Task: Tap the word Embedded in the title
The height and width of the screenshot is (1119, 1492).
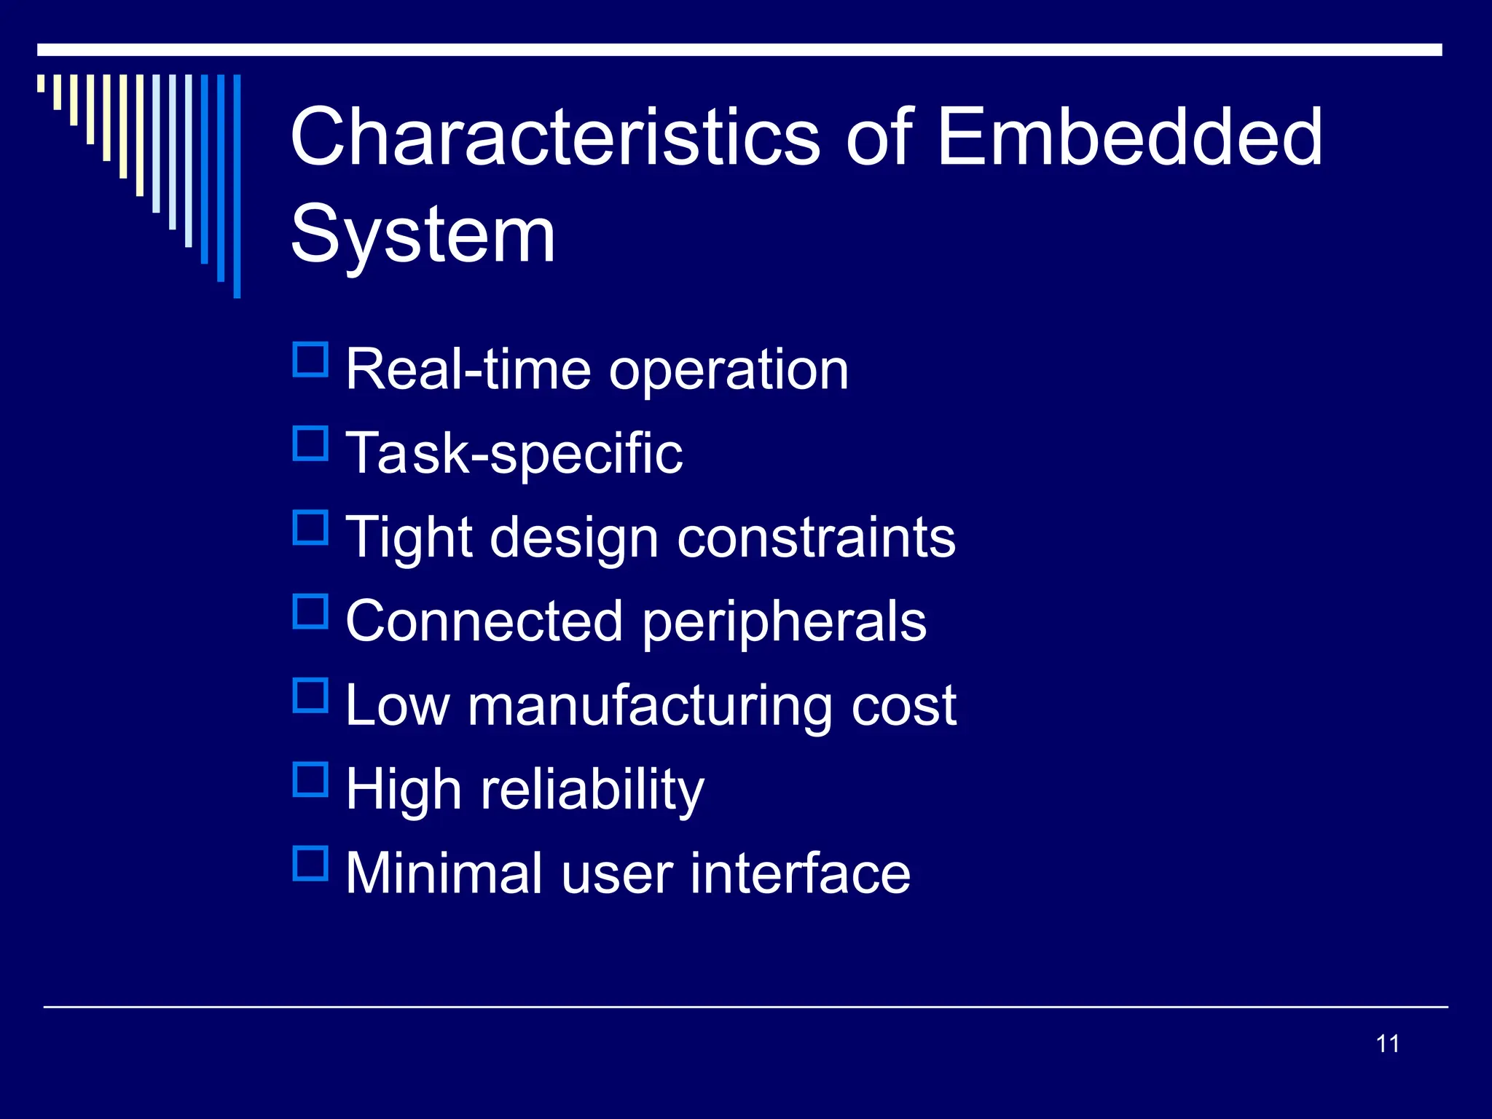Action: coord(1129,136)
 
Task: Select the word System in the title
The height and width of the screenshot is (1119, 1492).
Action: coord(423,235)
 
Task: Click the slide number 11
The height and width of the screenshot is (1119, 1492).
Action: coord(1387,1044)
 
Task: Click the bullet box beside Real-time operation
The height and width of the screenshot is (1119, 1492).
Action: coord(310,360)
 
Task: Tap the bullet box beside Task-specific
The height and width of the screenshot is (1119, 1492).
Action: coord(310,444)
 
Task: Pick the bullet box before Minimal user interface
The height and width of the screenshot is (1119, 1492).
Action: coord(310,863)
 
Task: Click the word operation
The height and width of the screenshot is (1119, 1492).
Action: coord(729,371)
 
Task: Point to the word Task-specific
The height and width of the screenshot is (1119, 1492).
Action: coord(514,454)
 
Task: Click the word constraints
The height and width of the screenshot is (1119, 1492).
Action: coord(816,538)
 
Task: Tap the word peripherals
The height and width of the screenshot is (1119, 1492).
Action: coord(784,623)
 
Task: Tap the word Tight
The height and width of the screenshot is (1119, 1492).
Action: coord(409,538)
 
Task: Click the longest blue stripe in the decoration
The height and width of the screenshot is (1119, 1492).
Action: coord(237,186)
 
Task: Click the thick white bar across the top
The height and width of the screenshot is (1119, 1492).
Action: coord(739,50)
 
